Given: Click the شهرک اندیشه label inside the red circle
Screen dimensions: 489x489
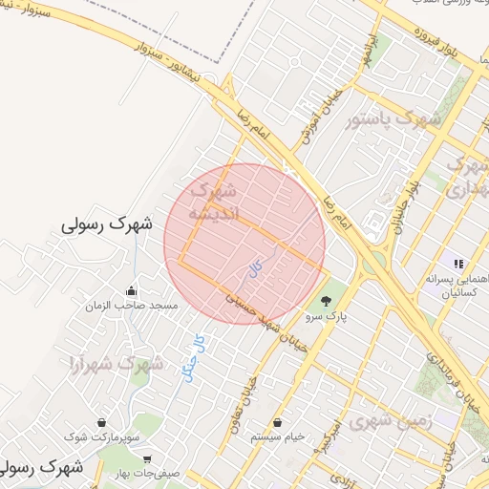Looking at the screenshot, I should [215, 202].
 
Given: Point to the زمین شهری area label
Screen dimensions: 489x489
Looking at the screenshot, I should [390, 418].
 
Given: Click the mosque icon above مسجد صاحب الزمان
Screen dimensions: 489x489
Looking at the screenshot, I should [131, 291].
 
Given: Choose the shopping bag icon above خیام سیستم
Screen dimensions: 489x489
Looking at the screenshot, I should [277, 422].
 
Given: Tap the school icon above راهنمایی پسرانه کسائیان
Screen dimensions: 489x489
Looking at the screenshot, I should [458, 264].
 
